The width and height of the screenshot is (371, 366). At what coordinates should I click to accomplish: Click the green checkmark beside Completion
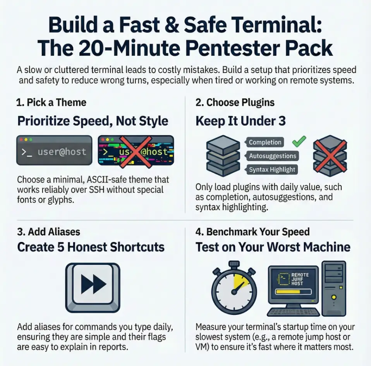(299, 142)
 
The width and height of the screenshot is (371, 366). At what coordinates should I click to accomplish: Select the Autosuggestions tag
(272, 156)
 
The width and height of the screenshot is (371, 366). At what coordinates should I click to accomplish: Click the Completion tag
(265, 142)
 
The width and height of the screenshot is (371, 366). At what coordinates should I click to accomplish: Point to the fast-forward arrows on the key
(93, 284)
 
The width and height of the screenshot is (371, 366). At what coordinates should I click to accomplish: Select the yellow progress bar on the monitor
(288, 292)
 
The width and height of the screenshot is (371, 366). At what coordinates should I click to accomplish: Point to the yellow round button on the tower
(333, 297)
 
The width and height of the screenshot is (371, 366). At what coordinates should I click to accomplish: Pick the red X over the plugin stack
(330, 155)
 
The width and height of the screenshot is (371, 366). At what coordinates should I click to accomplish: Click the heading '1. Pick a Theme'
(51, 103)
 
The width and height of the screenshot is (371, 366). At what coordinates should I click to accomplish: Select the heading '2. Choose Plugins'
(235, 103)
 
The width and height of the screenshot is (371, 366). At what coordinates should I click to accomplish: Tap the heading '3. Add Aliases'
(48, 232)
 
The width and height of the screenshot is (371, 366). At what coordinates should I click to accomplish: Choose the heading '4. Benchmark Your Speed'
(252, 232)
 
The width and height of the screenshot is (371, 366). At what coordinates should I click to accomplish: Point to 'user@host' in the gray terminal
(62, 152)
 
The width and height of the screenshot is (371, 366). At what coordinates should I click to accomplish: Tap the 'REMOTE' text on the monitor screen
(300, 275)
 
